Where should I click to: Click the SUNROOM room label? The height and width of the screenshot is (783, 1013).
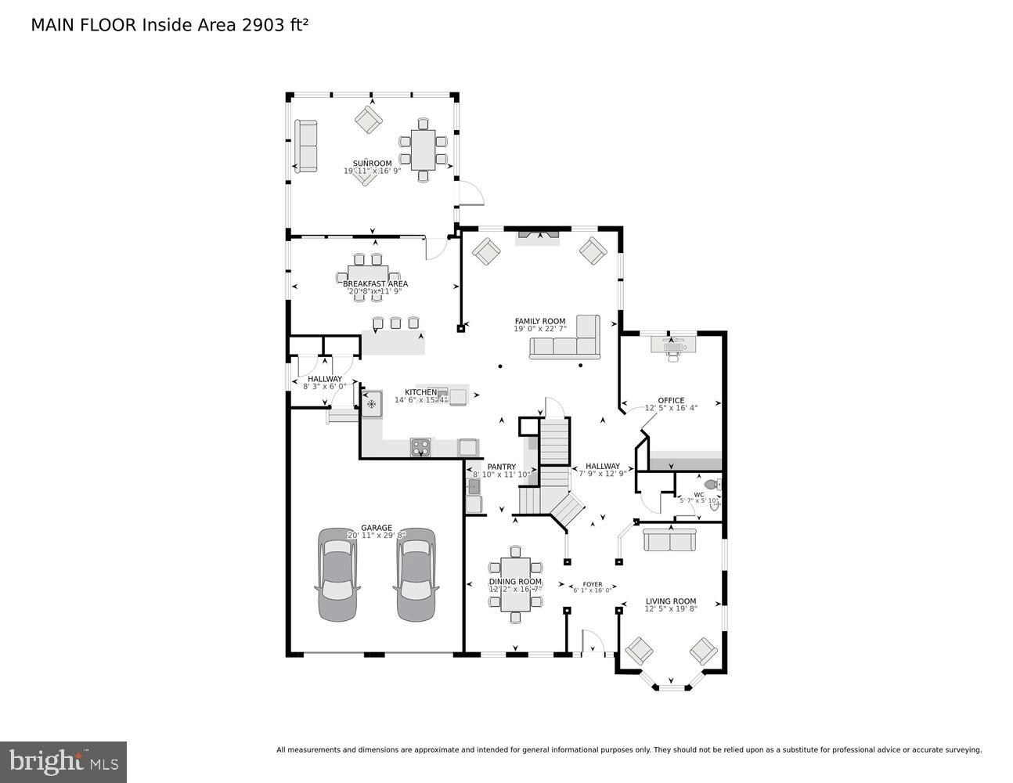[372, 164]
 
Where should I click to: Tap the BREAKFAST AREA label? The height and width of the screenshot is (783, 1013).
[375, 283]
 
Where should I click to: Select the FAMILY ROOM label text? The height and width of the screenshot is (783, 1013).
[539, 321]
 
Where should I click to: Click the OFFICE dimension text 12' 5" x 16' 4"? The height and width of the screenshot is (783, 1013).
[671, 408]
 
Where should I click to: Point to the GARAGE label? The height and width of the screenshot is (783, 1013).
[377, 528]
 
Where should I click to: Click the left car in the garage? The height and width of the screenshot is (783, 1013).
[337, 575]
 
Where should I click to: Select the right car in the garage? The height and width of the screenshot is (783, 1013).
[415, 575]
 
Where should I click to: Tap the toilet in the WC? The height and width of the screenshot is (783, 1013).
[712, 484]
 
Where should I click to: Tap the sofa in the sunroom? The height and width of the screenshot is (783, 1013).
[306, 146]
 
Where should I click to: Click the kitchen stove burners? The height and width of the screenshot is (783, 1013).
[420, 447]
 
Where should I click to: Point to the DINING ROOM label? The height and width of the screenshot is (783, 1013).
[515, 582]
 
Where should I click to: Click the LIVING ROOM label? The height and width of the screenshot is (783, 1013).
[670, 601]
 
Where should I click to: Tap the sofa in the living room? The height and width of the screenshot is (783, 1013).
[669, 540]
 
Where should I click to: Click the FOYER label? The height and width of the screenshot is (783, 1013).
[593, 584]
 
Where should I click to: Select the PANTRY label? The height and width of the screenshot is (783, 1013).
[501, 467]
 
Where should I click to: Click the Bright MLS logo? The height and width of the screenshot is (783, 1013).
[64, 761]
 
